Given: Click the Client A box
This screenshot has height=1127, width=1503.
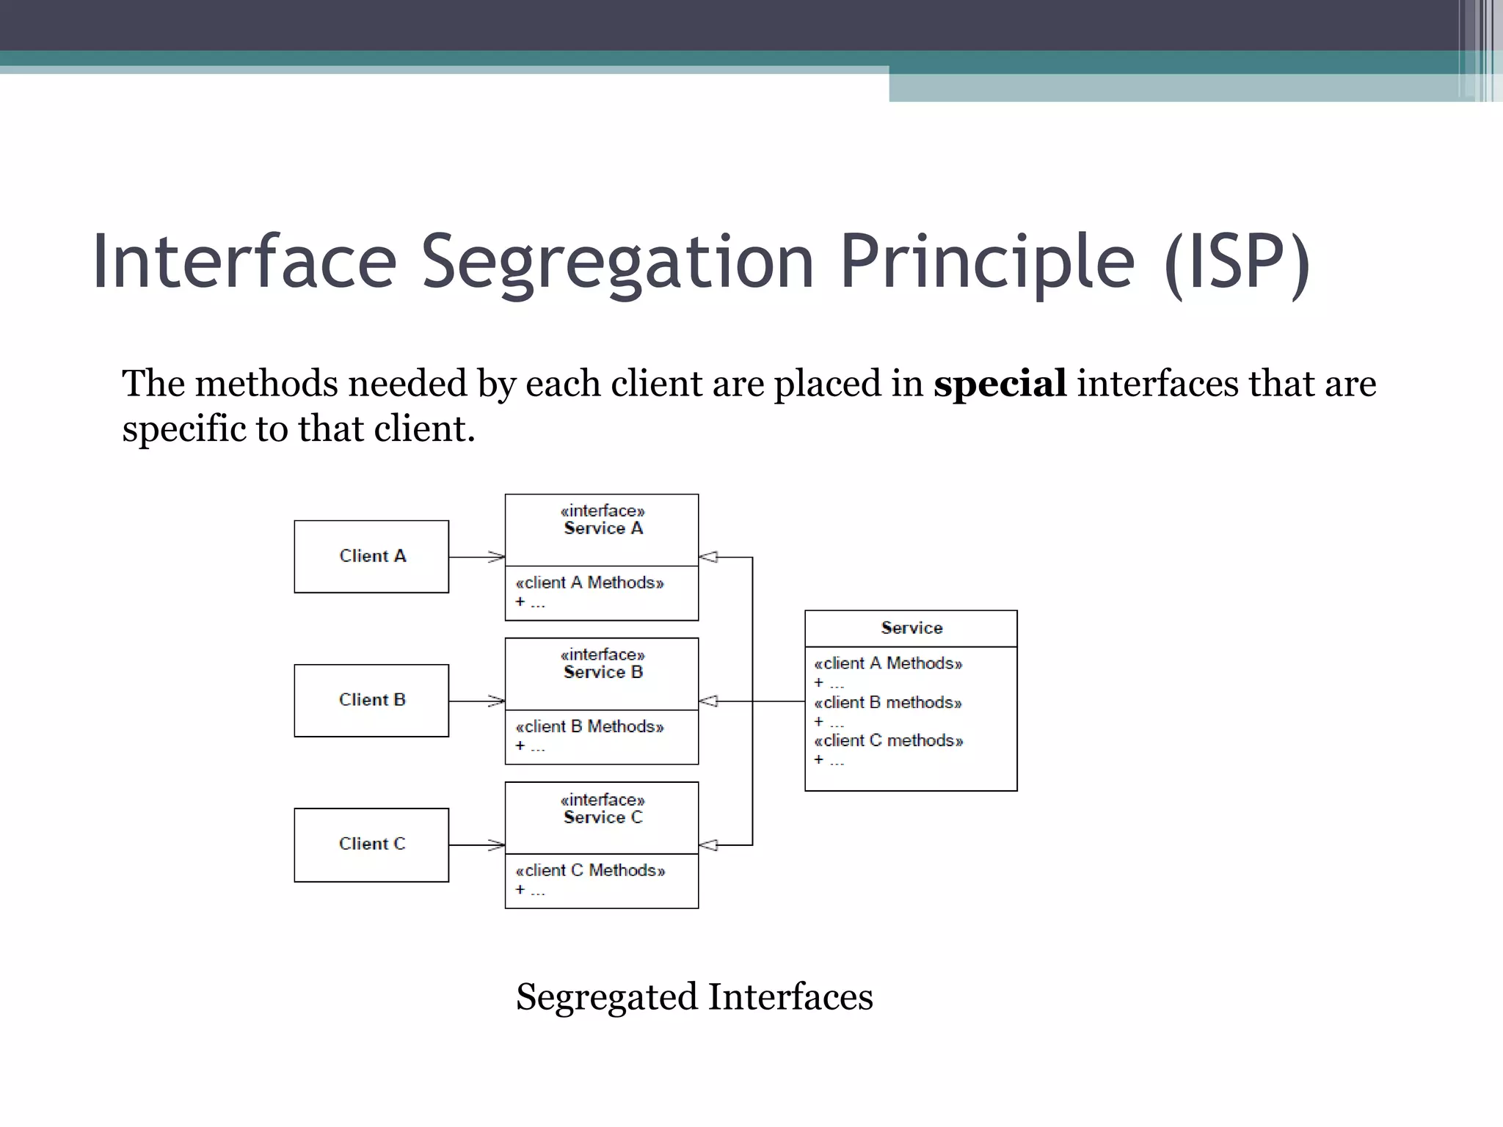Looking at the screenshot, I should [371, 556].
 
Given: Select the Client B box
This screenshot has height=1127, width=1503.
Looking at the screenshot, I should [371, 700].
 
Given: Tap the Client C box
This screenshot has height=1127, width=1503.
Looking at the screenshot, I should [371, 844].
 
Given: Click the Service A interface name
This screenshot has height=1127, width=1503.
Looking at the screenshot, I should [603, 528].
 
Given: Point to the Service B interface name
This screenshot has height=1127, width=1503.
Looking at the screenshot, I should [603, 672].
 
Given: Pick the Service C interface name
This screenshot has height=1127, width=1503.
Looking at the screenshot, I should [603, 817].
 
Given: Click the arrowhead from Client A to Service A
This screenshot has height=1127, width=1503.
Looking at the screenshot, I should [498, 557].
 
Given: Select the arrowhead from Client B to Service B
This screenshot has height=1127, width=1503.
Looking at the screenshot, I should [498, 701].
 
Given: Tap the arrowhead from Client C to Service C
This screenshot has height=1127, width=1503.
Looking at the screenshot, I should [498, 845].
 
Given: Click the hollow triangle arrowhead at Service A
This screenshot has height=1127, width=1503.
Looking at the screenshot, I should [708, 557].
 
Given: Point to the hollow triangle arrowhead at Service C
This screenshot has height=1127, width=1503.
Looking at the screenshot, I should [708, 845].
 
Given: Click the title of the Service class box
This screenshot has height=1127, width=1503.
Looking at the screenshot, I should [911, 628].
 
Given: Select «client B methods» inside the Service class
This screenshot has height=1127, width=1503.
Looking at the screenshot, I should [888, 703].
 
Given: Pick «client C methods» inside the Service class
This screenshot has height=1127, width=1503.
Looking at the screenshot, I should [888, 741].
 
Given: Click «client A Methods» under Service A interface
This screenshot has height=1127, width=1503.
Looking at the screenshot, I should [589, 583].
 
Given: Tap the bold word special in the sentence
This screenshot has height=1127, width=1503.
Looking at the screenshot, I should [1000, 384].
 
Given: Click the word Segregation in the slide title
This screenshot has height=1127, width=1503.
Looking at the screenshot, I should [617, 262].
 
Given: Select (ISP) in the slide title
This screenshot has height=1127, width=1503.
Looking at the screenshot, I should [1237, 262].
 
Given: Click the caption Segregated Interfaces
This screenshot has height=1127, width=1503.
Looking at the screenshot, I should [694, 996].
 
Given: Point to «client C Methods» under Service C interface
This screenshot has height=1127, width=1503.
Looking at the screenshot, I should [590, 870].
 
